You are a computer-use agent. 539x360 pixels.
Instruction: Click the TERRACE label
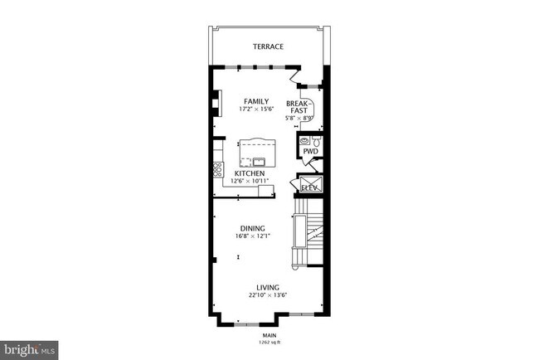[269, 47]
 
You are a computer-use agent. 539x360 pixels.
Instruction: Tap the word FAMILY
[256, 101]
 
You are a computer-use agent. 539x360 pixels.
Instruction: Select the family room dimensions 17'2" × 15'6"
[256, 109]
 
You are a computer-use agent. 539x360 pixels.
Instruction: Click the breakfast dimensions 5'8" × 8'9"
[299, 119]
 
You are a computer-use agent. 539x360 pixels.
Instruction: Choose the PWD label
[308, 152]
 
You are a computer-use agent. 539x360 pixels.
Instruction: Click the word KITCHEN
[249, 173]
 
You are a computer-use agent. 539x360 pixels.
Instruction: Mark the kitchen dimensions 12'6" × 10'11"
[249, 181]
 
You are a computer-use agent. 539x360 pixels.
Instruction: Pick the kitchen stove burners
[217, 169]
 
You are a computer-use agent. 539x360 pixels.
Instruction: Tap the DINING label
[252, 228]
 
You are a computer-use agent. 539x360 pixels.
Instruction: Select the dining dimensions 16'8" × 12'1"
[252, 236]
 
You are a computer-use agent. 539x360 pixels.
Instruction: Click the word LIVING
[268, 288]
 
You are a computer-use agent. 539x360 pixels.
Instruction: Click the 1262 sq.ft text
[269, 341]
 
